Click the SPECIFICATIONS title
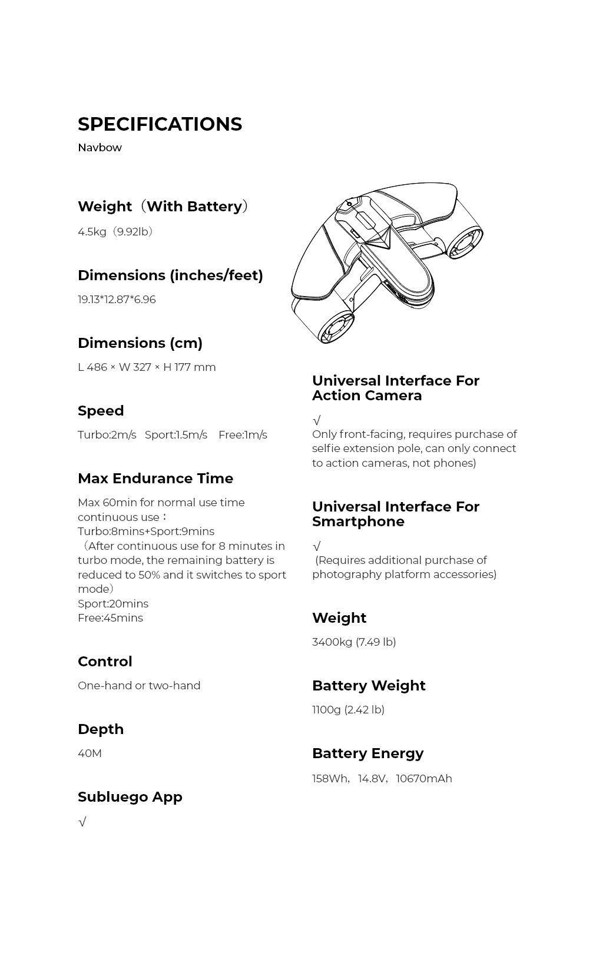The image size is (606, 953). coord(160,124)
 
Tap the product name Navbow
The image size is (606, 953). coord(100,148)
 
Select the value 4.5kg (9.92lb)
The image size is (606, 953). coord(115,232)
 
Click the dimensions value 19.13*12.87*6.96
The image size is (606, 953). coord(117,300)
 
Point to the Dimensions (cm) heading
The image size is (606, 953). coord(140,343)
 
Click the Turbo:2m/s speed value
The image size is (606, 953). coord(107,435)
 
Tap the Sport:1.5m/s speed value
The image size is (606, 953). coord(175,435)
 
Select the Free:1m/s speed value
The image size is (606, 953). coord(243,435)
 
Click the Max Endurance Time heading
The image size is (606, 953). coord(155,479)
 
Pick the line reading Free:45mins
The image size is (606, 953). coord(110,618)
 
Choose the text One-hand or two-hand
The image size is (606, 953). coord(139,686)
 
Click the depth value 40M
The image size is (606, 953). coord(90,753)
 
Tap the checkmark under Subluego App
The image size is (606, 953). coord(82,822)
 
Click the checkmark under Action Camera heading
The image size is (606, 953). coord(316,420)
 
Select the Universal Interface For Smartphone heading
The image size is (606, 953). coord(396,514)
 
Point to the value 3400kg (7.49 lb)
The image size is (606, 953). coord(354,642)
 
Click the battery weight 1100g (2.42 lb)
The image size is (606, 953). coord(348,710)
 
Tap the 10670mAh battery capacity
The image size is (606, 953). coord(424,779)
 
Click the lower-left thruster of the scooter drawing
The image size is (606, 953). coord(335,328)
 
